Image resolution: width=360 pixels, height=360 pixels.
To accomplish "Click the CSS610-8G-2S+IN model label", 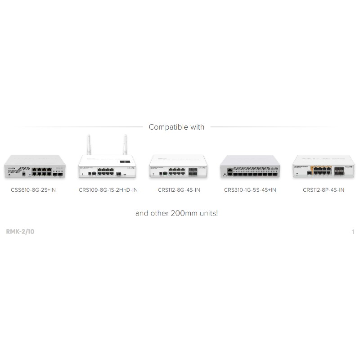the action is click(33, 190).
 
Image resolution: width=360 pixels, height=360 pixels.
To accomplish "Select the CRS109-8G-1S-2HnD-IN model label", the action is click(108, 190).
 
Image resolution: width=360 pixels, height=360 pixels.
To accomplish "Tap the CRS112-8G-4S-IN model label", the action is click(179, 190).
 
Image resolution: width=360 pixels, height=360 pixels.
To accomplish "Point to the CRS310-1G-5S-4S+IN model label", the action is click(250, 190).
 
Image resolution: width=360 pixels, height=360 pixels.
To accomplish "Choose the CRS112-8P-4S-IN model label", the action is click(324, 190).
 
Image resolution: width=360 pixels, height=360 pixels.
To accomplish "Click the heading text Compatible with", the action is click(176, 127).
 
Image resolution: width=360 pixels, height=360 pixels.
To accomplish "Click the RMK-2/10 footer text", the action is click(20, 231).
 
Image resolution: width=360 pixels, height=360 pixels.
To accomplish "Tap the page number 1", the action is click(353, 232).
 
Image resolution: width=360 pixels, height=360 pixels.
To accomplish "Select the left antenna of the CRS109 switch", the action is click(89, 144).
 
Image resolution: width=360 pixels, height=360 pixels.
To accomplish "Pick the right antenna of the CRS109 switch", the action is click(125, 144).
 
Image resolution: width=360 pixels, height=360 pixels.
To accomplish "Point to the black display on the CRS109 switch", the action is click(125, 162).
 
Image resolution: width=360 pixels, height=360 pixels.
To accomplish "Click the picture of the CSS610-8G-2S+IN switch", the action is click(35, 166).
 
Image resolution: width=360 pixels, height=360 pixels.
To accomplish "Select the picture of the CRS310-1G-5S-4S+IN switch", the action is click(250, 166).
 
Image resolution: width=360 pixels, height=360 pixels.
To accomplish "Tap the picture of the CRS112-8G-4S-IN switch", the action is click(178, 166).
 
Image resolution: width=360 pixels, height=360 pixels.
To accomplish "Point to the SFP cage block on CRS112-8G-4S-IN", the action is click(193, 172).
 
